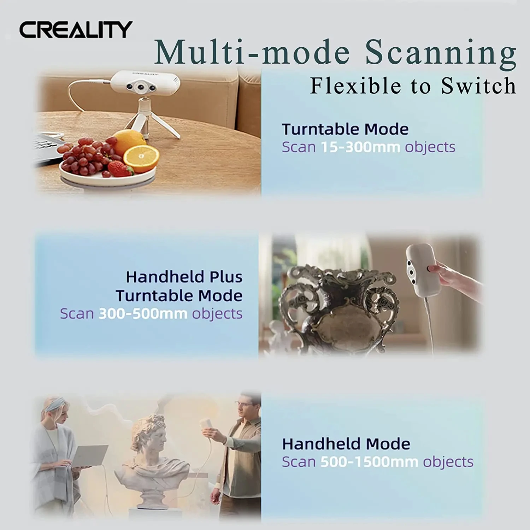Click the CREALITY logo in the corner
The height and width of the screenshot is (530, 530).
pos(76,29)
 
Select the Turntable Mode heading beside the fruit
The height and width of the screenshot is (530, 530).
pos(345,129)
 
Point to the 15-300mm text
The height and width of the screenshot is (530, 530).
pos(360,147)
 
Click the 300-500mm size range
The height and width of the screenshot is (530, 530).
pos(143,314)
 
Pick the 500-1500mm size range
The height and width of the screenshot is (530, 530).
pos(369,462)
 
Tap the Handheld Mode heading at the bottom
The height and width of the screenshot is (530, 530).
pos(346,444)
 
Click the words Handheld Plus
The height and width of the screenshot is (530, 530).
pos(184,277)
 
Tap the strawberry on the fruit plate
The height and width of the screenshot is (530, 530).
pos(120,169)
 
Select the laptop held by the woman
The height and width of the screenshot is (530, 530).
pos(88,456)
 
